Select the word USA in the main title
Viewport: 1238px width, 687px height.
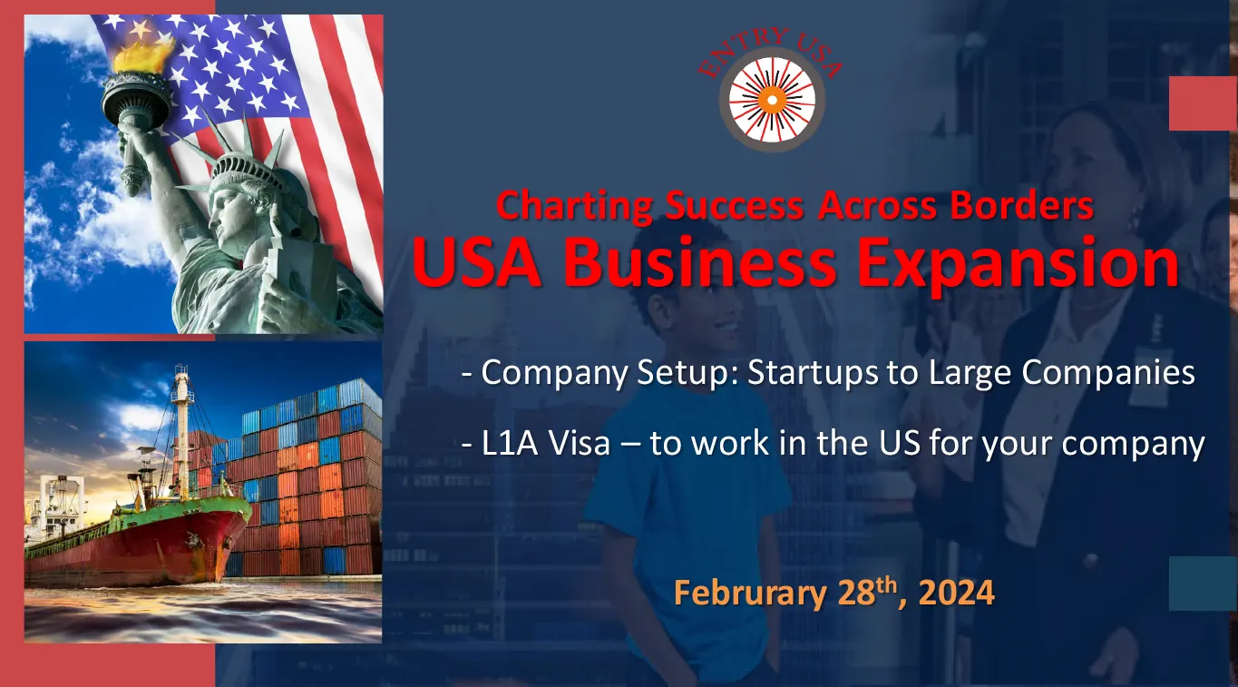click(476, 261)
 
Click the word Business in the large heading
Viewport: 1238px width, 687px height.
click(699, 261)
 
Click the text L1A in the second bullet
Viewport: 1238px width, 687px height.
click(510, 443)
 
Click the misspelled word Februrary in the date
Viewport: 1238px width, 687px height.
click(750, 594)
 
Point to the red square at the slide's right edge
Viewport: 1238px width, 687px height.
click(1204, 103)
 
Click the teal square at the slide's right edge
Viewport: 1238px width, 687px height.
click(1204, 584)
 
